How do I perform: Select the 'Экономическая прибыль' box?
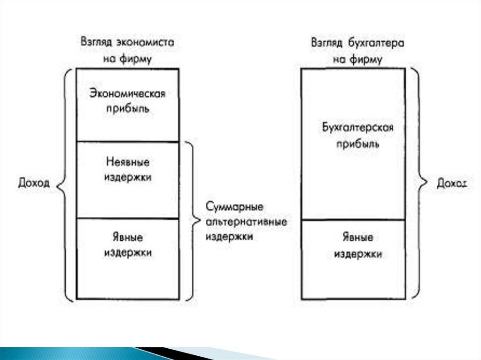tap(127, 105)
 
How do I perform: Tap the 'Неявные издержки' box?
tap(128, 180)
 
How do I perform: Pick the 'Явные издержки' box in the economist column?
tap(128, 258)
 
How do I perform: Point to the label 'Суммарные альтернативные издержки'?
tap(246, 222)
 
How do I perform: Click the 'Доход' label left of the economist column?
tap(34, 184)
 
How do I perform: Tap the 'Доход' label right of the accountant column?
tap(452, 184)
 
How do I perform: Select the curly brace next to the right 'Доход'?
tap(418, 184)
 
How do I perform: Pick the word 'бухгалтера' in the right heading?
tap(377, 42)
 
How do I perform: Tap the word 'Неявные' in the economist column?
tap(128, 162)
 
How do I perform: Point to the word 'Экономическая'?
tap(127, 93)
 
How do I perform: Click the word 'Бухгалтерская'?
tap(357, 128)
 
